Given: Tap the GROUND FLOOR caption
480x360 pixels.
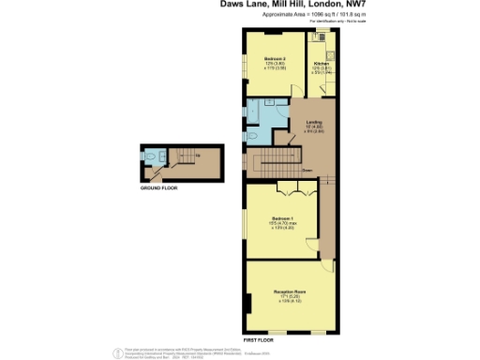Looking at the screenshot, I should point(158,187).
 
